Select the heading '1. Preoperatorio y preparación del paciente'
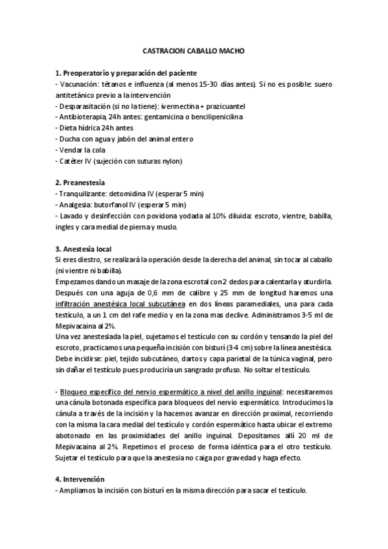(x=126, y=73)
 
